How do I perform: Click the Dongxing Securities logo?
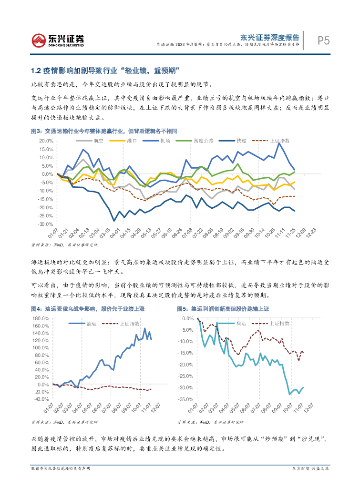click(x=58, y=40)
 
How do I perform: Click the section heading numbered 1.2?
click(x=104, y=71)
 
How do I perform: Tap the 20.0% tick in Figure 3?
click(x=45, y=141)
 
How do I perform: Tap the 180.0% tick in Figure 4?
click(x=41, y=318)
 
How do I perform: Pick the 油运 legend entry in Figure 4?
click(x=92, y=324)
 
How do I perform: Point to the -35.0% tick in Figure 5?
click(x=185, y=399)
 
